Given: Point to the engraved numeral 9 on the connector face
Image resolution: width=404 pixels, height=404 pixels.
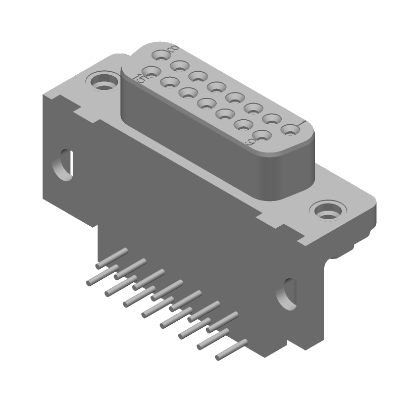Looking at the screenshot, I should click(x=249, y=143).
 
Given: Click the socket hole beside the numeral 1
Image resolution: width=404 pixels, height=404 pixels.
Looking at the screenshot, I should click(x=289, y=130).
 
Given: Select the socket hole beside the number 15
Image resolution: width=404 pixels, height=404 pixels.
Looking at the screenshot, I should click(x=150, y=71).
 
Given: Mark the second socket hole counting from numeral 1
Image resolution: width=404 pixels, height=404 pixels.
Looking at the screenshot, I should click(x=272, y=119).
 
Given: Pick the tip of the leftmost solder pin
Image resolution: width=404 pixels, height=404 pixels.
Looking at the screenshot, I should click(x=89, y=282).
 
